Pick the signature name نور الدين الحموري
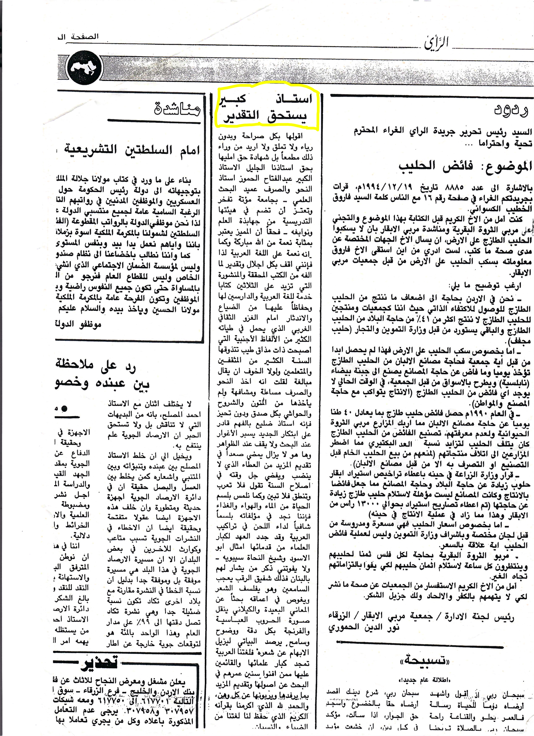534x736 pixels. pyautogui.click(x=364, y=628)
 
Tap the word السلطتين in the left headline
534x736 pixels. pyautogui.click(x=148, y=150)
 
